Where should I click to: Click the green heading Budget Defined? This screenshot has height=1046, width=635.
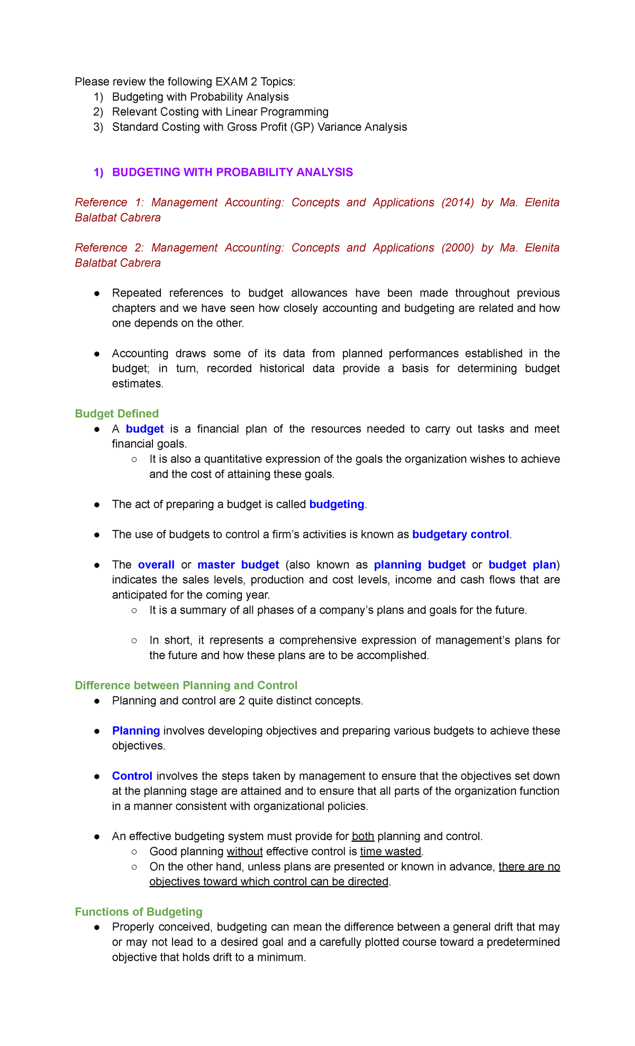116,413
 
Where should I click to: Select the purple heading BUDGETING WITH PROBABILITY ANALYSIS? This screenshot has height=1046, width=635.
232,172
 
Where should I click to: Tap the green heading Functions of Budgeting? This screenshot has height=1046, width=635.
139,912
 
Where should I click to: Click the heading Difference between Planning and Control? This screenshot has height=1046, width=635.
186,686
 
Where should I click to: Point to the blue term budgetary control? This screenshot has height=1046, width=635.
460,534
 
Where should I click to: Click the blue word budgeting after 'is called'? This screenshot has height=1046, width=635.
337,504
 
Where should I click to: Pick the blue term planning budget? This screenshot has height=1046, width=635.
420,565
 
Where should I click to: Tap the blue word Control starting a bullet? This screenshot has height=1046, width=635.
132,776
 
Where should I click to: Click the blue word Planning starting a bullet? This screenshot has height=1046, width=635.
136,731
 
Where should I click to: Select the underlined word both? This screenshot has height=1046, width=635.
363,836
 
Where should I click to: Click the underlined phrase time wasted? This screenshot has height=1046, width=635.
391,851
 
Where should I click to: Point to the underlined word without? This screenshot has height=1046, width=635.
244,851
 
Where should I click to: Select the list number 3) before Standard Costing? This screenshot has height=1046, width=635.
98,127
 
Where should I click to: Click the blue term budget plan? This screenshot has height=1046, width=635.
522,565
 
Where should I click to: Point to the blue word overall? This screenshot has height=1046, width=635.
156,565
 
